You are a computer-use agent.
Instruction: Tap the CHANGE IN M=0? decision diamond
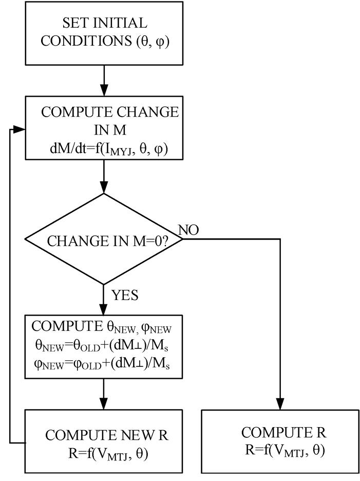(x=104, y=239)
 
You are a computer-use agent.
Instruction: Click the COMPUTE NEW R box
(x=104, y=441)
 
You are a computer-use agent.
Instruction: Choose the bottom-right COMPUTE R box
(x=280, y=441)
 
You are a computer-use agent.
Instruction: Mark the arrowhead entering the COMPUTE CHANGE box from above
(x=104, y=91)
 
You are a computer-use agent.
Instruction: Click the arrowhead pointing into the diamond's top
(x=104, y=189)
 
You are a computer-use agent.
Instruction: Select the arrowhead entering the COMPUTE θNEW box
(x=104, y=310)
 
